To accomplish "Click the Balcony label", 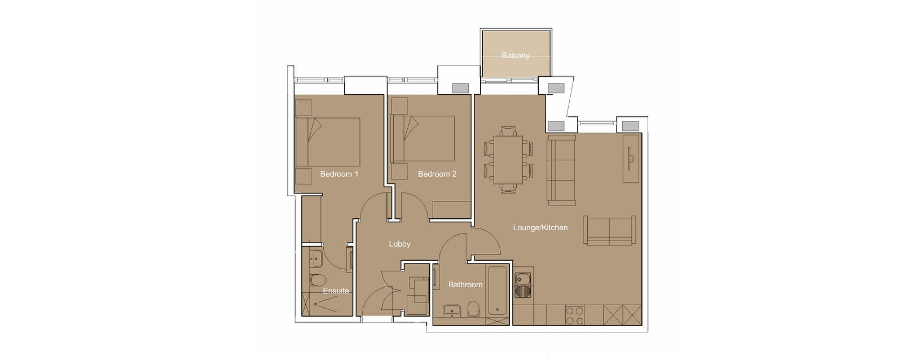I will click(516, 55).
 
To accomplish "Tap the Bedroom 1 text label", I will click(339, 174).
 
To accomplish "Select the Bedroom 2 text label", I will click(437, 174).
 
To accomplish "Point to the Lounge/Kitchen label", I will click(540, 227).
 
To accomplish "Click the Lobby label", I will click(399, 244).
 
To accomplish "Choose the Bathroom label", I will click(465, 284).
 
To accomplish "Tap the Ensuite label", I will click(336, 291).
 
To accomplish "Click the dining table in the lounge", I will click(508, 160).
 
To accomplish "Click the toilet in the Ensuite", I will click(318, 280).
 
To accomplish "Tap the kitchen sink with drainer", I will click(523, 284).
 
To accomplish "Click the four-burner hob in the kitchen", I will click(575, 315).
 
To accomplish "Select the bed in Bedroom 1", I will click(328, 142).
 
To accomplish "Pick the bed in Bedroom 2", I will click(424, 139).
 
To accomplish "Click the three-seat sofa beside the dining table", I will click(561, 170).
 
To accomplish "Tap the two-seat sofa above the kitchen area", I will click(609, 230).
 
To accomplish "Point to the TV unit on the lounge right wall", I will click(631, 158).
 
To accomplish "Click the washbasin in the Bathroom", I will click(451, 311).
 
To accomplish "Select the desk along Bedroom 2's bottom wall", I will click(451, 209).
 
